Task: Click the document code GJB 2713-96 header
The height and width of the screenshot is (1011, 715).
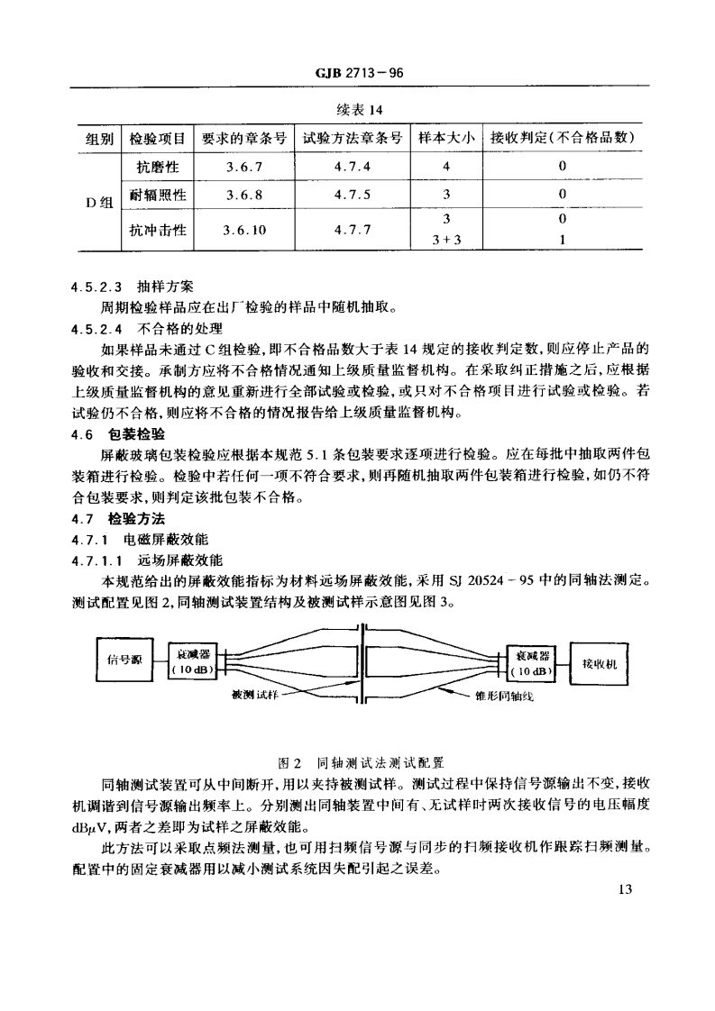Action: click(x=358, y=75)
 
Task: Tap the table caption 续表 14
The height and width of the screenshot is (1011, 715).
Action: click(x=357, y=110)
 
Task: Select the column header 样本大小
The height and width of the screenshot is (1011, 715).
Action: click(x=445, y=138)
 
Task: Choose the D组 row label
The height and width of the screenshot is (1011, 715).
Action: click(x=98, y=201)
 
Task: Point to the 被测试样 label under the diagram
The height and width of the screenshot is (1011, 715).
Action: click(x=250, y=695)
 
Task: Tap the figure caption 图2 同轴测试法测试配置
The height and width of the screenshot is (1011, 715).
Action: click(x=358, y=761)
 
